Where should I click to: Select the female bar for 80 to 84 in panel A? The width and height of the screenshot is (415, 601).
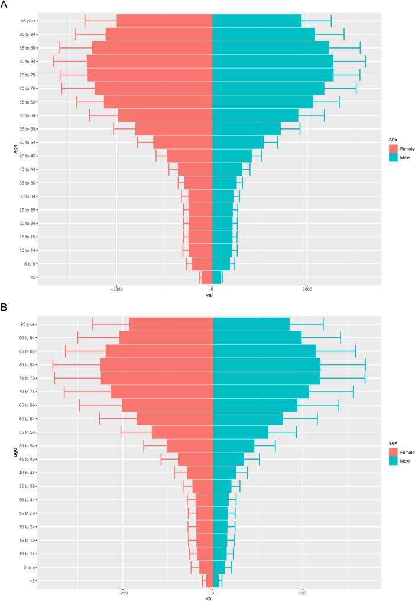[x=150, y=62]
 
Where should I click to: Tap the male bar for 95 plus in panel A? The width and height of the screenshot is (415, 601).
[x=257, y=21]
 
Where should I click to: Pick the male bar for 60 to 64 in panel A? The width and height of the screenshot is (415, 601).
[x=255, y=115]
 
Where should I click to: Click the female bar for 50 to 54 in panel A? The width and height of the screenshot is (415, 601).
[x=183, y=143]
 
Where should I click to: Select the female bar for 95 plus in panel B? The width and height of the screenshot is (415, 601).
[x=171, y=324]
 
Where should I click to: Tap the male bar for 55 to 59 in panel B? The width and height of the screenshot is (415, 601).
[x=240, y=432]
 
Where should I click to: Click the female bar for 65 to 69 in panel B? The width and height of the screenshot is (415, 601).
[x=167, y=405]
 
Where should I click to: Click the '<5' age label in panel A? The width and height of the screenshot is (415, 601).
[x=31, y=277]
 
